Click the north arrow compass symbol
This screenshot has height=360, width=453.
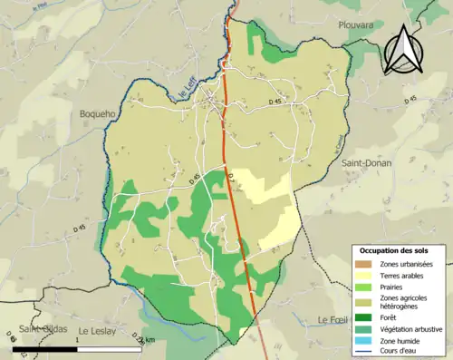pyautogui.click(x=404, y=49)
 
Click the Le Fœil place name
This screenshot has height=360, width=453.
pyautogui.click(x=333, y=320)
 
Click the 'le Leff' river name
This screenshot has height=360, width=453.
pyautogui.click(x=188, y=88)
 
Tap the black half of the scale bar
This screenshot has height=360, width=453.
pyautogui.click(x=43, y=349)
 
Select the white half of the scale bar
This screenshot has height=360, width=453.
pyautogui.click(x=108, y=349)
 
